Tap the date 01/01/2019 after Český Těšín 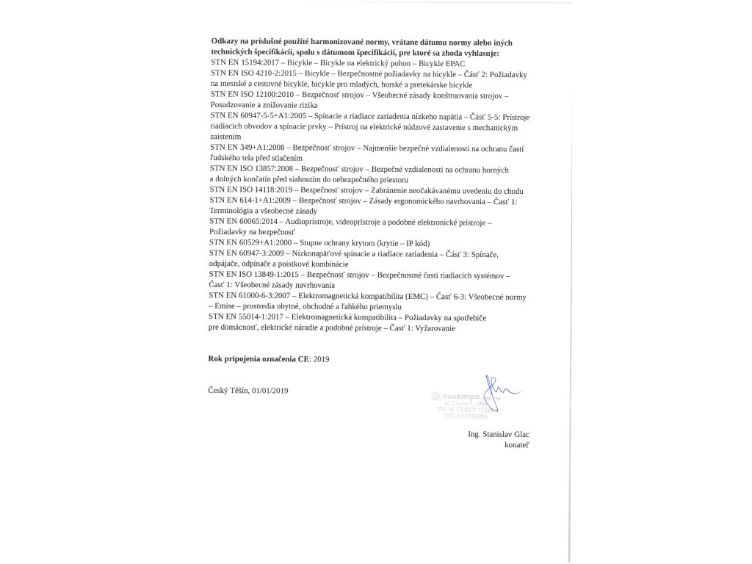(x=270, y=390)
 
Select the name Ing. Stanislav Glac (x=498, y=434)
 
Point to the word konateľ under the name (x=515, y=445)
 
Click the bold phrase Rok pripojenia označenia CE (x=259, y=358)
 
